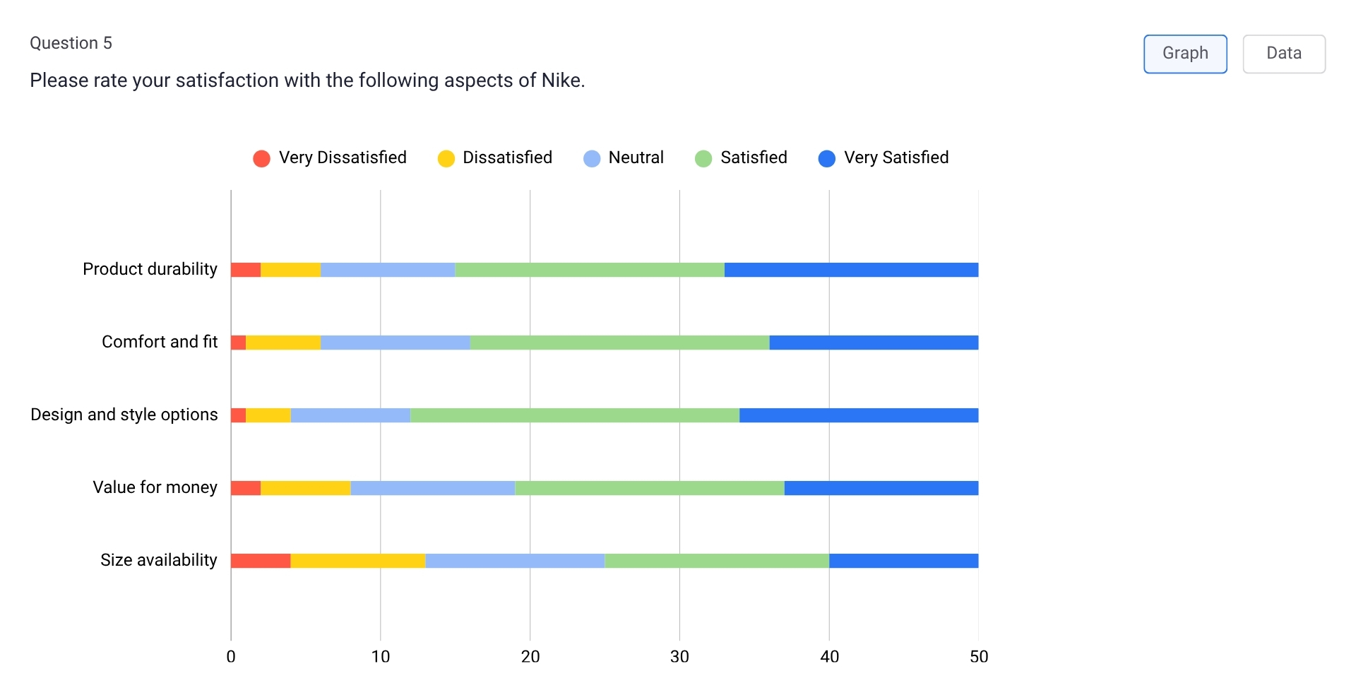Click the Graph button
[x=1185, y=54]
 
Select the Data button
[x=1283, y=54]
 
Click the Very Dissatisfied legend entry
[x=331, y=158]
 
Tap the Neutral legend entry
[x=624, y=158]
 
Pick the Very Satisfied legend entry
[x=884, y=158]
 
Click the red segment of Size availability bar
[x=261, y=561]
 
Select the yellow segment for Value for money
[x=305, y=488]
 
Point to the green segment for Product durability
[x=590, y=270]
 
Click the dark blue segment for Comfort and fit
[x=874, y=343]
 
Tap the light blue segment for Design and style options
[x=350, y=415]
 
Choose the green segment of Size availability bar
[x=717, y=561]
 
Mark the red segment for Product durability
[x=246, y=270]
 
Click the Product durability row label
[x=150, y=269]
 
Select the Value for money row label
[x=155, y=487]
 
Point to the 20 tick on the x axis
[x=530, y=657]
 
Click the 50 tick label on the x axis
[x=978, y=657]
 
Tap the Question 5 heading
[x=71, y=43]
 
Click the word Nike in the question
[x=561, y=81]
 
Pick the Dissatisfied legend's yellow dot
[x=446, y=158]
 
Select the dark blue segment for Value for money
[x=881, y=488]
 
